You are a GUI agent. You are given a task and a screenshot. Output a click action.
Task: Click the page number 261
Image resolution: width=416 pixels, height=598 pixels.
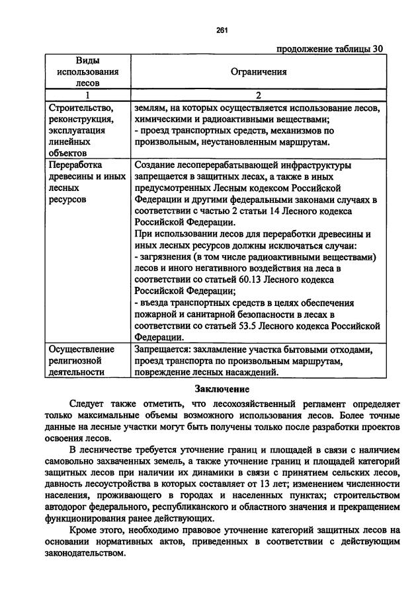(222, 28)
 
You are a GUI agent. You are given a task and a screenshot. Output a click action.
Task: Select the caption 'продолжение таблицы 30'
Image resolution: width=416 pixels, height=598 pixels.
(329, 48)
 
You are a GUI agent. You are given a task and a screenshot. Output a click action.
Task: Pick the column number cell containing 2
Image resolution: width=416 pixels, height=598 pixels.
(259, 95)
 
